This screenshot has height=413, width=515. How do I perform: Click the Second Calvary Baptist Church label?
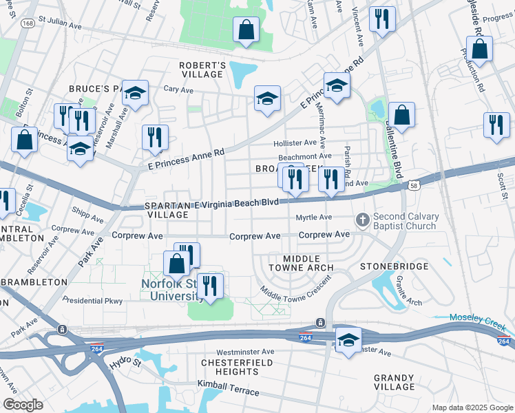click(404, 221)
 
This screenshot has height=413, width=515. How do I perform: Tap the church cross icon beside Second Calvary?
click(362, 220)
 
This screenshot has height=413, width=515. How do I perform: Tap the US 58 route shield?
click(413, 185)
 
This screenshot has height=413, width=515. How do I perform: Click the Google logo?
click(23, 404)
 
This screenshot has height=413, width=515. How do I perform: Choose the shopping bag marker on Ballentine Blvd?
click(401, 116)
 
